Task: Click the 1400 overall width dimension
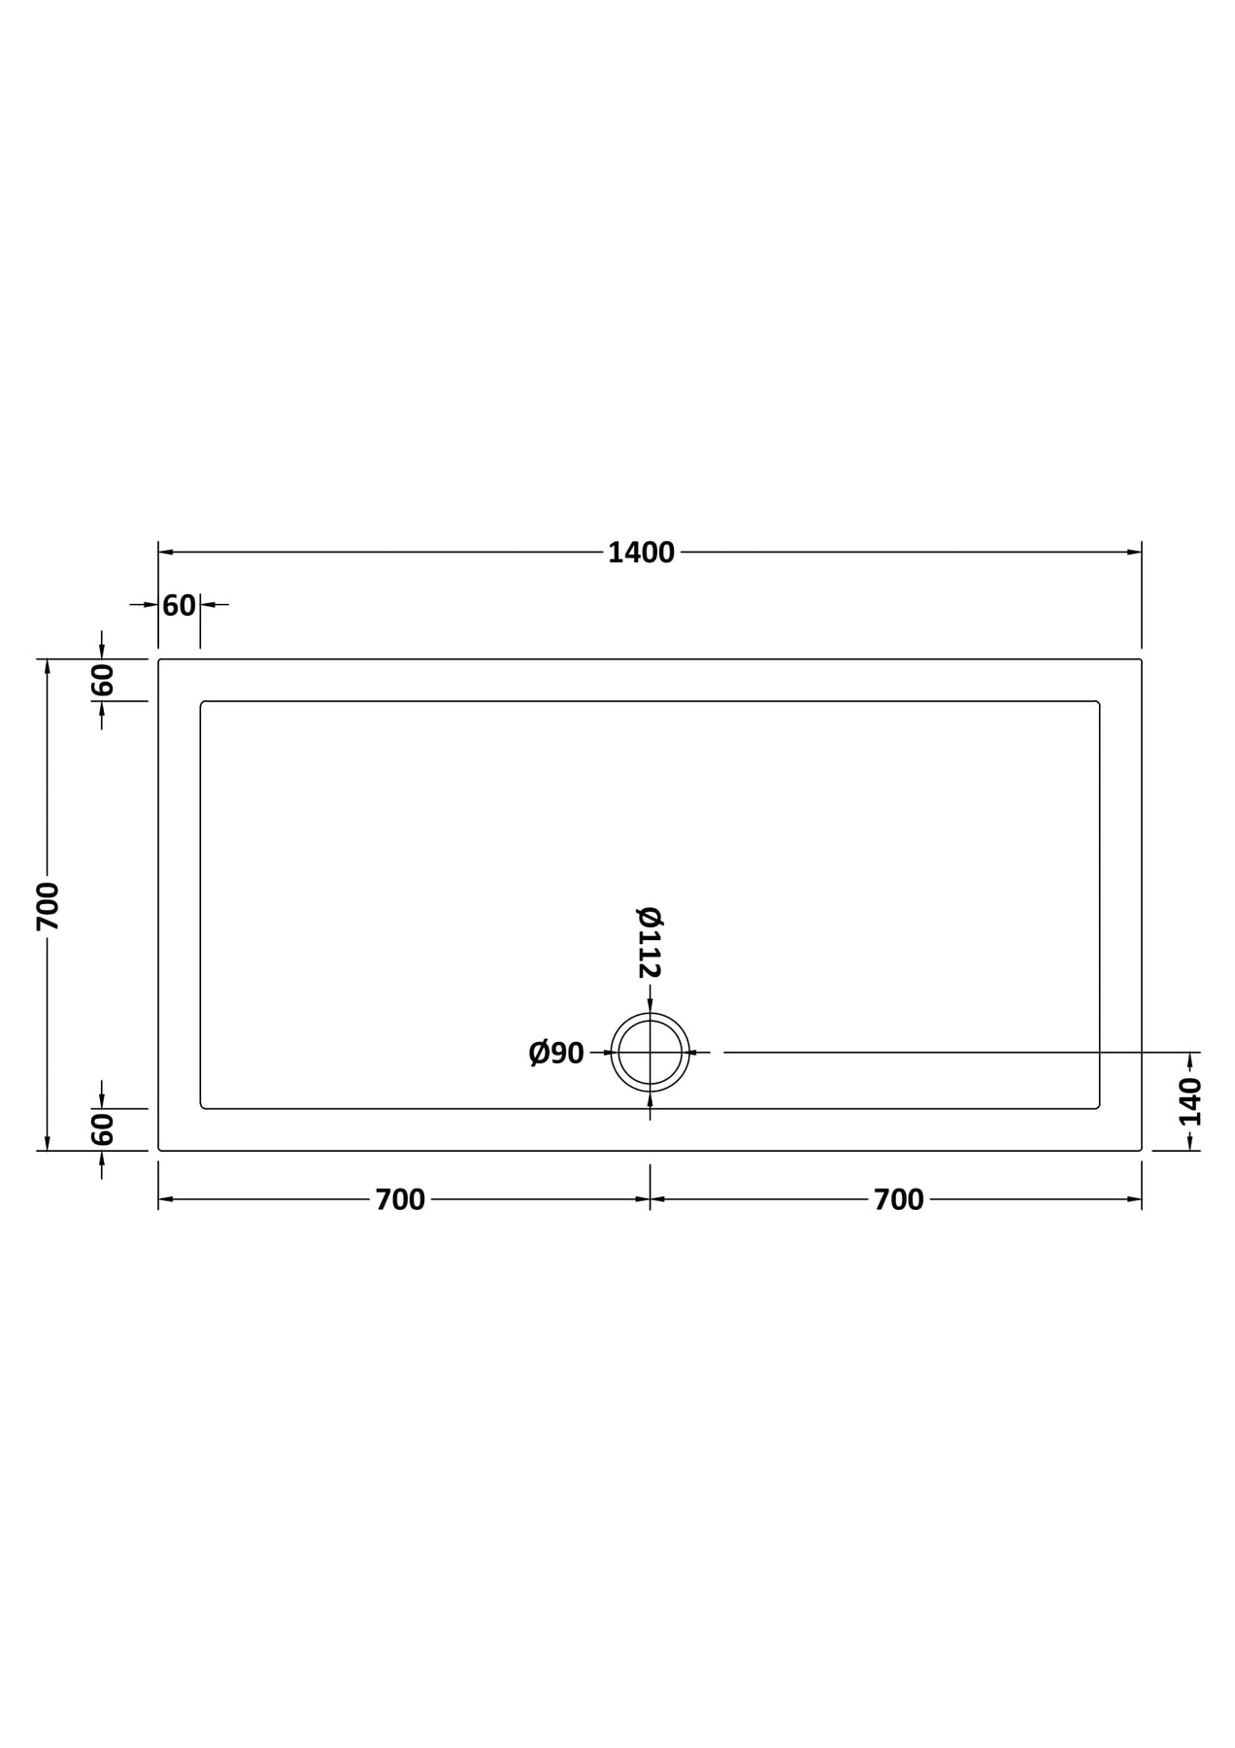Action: point(641,553)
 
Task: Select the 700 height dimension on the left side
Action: point(49,906)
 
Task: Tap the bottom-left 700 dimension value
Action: point(400,1200)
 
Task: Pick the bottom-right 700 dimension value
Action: point(899,1200)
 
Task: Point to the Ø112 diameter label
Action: point(650,942)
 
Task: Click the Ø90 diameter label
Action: point(556,1053)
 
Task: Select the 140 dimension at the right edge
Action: point(1190,1101)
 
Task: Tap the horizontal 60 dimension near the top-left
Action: point(179,606)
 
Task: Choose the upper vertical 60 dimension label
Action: point(103,681)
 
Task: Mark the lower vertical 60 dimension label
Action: point(103,1129)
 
